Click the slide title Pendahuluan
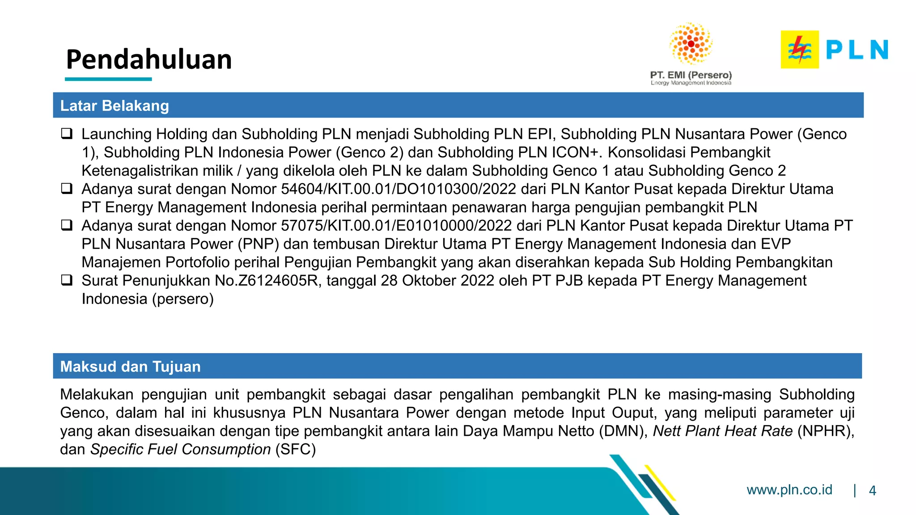click(x=149, y=59)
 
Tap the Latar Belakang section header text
click(x=114, y=106)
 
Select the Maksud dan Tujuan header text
click(x=130, y=367)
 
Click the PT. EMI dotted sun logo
click(x=691, y=44)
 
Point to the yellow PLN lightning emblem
click(x=799, y=50)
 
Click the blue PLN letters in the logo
click(x=857, y=50)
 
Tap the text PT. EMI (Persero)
click(x=691, y=75)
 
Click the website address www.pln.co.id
click(x=789, y=490)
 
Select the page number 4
click(x=872, y=491)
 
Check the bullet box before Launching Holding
click(x=67, y=134)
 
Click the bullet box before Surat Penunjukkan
click(x=67, y=280)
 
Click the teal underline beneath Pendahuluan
click(x=108, y=79)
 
